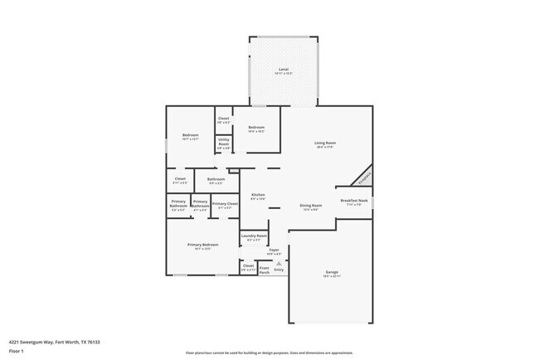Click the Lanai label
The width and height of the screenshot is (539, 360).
(x=283, y=70)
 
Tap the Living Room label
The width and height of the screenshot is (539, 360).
(x=324, y=143)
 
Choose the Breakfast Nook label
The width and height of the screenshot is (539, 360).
(x=354, y=200)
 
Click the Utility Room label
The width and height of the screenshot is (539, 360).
(x=224, y=143)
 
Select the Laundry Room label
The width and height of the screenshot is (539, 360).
(x=254, y=236)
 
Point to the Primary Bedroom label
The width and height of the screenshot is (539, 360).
(x=202, y=245)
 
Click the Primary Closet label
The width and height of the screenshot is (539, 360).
(x=225, y=204)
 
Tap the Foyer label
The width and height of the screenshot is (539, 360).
(x=274, y=249)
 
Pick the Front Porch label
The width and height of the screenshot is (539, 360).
(x=265, y=268)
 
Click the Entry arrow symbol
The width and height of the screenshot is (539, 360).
(x=279, y=264)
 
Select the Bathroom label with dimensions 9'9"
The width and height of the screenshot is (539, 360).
(x=216, y=179)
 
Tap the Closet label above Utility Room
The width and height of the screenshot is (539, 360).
(x=224, y=119)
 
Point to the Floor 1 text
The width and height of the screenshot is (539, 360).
(x=17, y=351)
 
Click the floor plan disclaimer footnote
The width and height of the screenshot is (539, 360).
(x=269, y=353)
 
